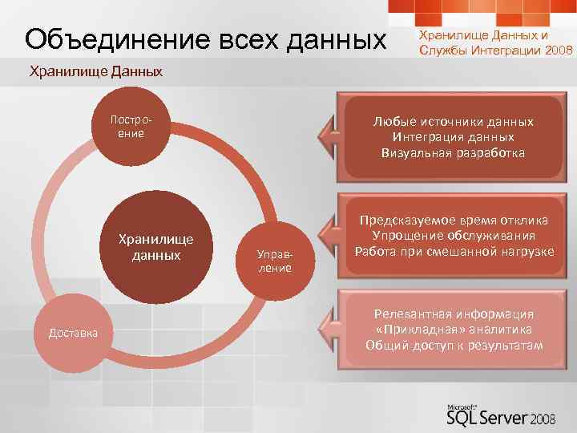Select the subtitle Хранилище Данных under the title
pos(95,72)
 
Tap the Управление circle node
pos(274,261)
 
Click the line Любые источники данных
pos(454,122)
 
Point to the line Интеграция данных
pos(454,137)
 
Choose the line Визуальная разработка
pos(454,152)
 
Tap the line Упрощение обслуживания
pos(454,236)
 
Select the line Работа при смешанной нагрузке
pos(454,251)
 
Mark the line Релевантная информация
pos(454,315)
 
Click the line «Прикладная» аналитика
pos(454,330)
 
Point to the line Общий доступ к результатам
pos(454,346)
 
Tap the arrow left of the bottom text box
pos(329,329)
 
